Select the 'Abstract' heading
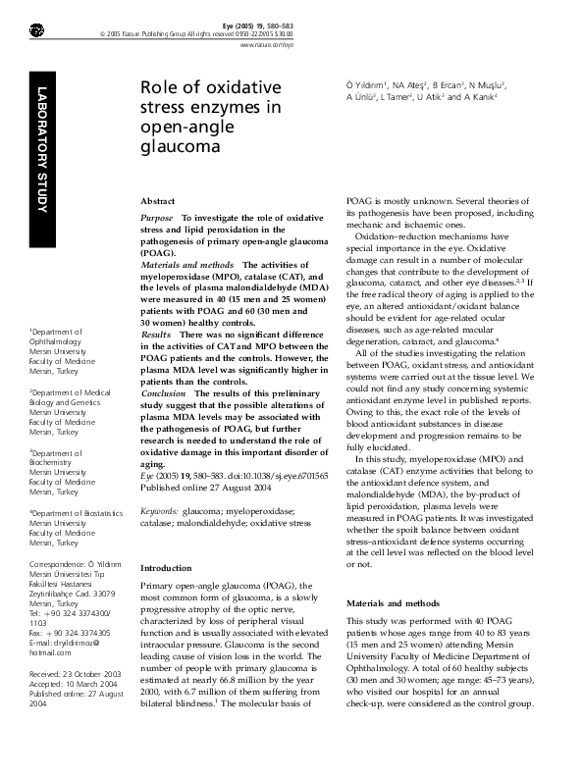pyautogui.click(x=158, y=199)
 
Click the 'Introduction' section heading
pyautogui.click(x=167, y=568)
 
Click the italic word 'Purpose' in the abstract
pyautogui.click(x=157, y=217)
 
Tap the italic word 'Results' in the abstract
pyautogui.click(x=156, y=335)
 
